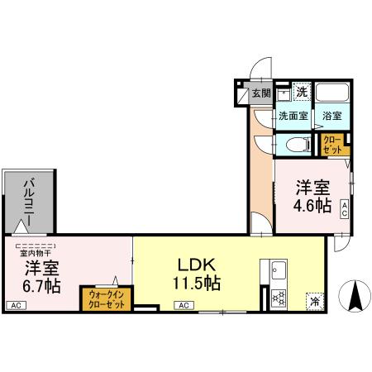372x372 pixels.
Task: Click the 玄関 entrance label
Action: [261, 93]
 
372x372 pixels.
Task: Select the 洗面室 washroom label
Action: [293, 117]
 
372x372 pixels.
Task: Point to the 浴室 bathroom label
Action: [332, 117]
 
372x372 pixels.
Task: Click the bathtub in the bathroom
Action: [333, 93]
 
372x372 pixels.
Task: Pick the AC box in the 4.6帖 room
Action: [344, 208]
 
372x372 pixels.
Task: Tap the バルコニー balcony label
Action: [28, 198]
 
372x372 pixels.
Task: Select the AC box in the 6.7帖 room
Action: [15, 306]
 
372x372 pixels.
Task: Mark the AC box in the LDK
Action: [183, 306]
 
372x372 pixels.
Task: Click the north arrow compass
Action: [354, 298]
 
